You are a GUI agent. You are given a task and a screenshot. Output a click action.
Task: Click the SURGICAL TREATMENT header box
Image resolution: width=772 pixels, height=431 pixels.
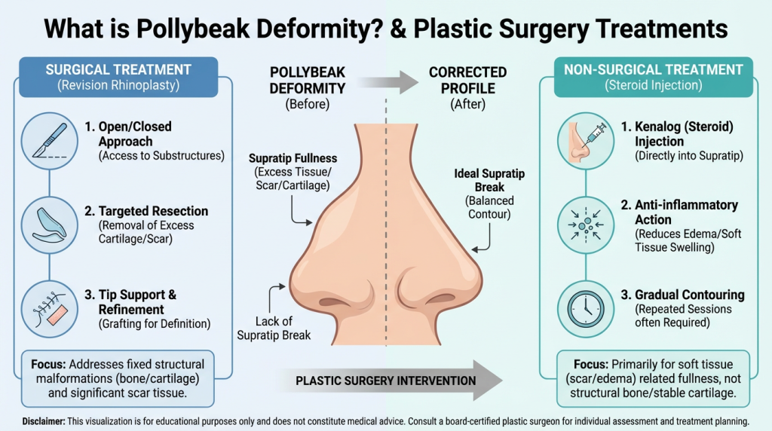pos(118,76)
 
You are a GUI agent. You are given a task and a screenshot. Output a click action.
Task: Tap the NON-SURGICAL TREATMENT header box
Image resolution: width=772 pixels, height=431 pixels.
pos(654,76)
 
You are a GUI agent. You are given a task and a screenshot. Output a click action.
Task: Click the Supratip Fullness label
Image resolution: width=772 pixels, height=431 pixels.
pos(293,158)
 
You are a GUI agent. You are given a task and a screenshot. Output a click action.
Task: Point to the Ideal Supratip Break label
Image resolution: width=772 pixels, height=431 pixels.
pos(489,179)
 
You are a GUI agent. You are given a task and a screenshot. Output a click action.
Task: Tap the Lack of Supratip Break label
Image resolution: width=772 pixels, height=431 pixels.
pos(273,328)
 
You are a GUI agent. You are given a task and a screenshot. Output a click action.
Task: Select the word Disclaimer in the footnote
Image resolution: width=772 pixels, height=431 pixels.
pos(46,420)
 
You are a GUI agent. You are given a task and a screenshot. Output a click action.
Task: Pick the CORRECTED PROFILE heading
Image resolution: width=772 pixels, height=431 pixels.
pos(468,80)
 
